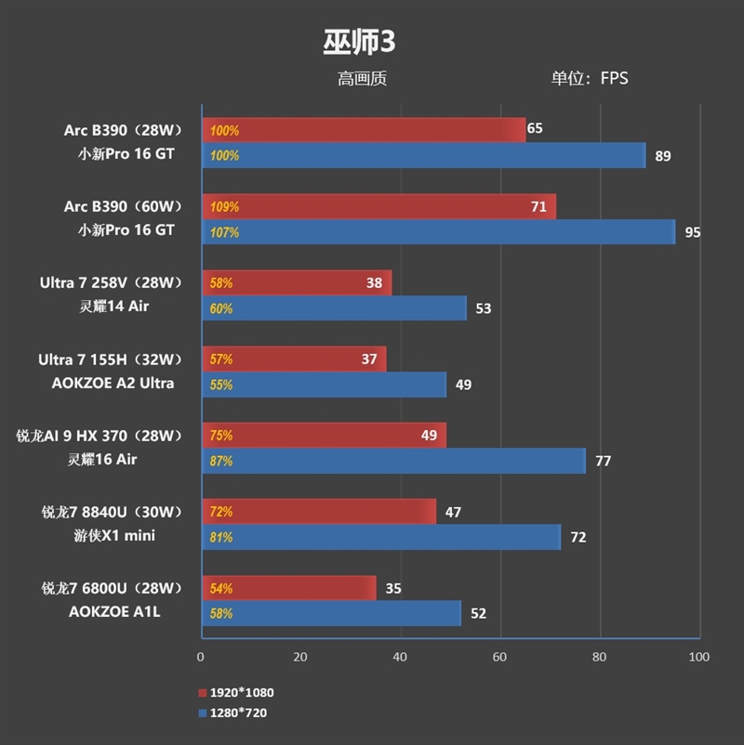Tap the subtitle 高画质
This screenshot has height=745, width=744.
tap(362, 79)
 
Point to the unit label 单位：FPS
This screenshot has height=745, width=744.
tap(589, 79)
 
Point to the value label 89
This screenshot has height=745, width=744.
tap(662, 156)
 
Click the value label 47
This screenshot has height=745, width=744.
tap(453, 512)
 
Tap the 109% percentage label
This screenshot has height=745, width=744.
tap(224, 207)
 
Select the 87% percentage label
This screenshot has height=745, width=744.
tap(221, 461)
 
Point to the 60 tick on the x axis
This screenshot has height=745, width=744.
tap(500, 657)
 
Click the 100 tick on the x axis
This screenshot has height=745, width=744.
tap(698, 657)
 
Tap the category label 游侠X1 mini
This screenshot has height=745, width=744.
tap(115, 535)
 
